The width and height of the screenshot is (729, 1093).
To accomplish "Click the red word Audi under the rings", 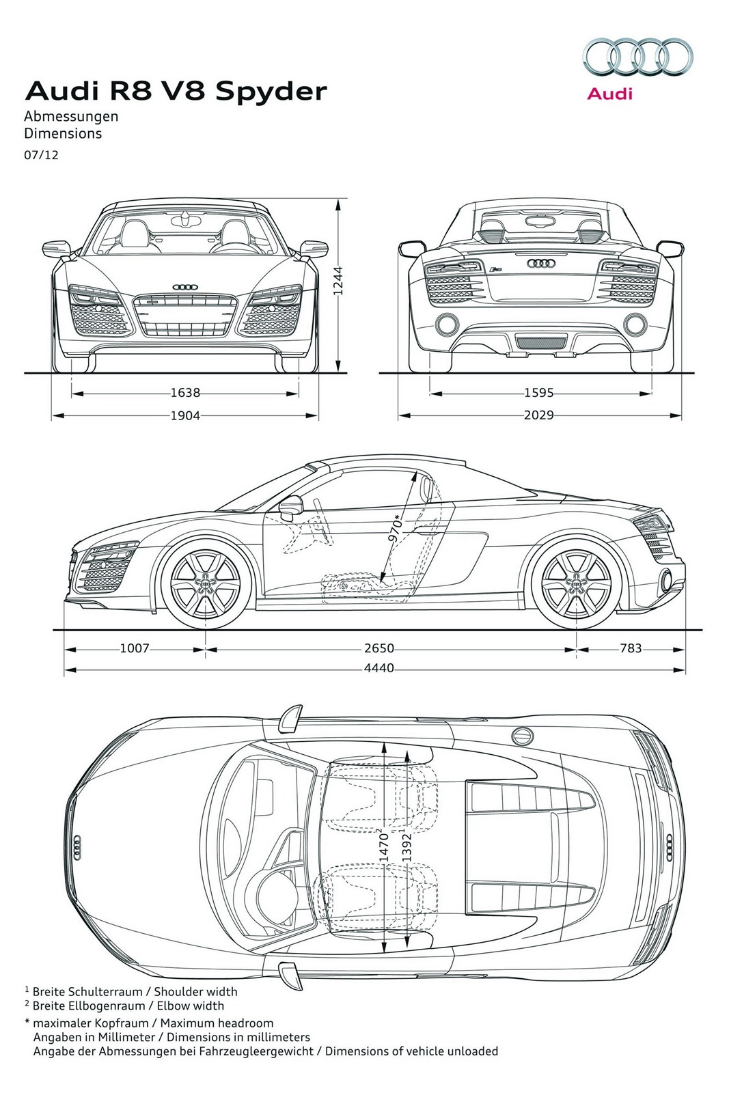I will point(610,94).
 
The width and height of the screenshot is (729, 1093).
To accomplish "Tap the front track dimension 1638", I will point(185,393).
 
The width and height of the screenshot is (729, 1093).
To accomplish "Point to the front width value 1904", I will point(185,415).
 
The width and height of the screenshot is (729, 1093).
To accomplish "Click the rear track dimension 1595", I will point(538,393).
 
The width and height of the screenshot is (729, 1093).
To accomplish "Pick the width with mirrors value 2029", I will point(538,415).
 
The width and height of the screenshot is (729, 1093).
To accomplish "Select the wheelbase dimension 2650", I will point(379,648).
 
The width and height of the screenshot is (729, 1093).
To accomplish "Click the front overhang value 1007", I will point(134,648).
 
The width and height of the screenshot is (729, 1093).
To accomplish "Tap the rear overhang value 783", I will point(631,648).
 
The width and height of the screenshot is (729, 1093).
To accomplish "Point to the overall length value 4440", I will point(379,668).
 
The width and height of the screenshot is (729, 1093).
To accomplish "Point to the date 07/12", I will point(42,154).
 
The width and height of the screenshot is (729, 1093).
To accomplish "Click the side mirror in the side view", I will point(291,506).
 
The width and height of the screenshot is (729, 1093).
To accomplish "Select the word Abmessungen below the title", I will point(71,116).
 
